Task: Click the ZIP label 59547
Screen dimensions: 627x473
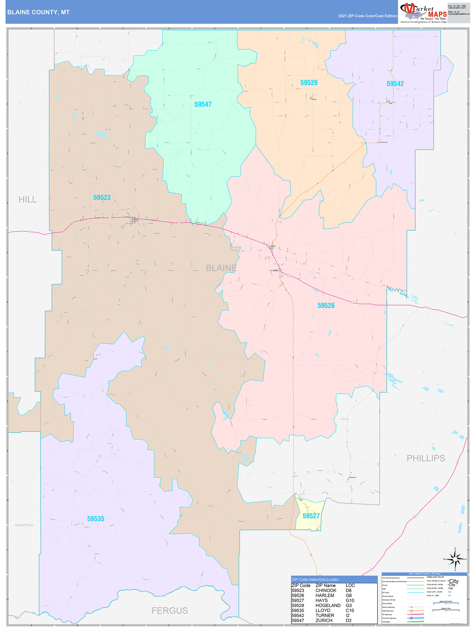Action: pos(203,104)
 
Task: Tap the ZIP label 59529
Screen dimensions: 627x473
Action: pos(309,83)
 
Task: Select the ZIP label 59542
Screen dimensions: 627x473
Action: pos(395,84)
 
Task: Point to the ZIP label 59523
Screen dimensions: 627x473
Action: pos(102,198)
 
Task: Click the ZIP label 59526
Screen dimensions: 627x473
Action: pos(326,306)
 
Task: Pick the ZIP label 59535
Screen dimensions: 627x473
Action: pos(96,519)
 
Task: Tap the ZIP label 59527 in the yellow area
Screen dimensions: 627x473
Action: pos(311,516)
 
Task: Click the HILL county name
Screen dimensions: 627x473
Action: pos(27,199)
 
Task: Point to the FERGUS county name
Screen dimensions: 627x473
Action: pos(170,611)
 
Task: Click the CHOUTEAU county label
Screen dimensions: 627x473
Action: pos(24,525)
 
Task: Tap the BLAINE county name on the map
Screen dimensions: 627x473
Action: pos(221,268)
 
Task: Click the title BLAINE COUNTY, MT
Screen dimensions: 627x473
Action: pos(38,12)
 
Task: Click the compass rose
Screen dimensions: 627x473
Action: pos(455,559)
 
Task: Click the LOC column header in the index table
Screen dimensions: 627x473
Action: pos(350,585)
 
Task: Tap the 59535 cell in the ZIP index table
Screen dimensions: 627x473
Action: pos(298,611)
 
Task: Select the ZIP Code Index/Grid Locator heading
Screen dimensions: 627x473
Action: pos(315,579)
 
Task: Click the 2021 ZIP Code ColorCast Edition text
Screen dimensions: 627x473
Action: pos(368,16)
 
